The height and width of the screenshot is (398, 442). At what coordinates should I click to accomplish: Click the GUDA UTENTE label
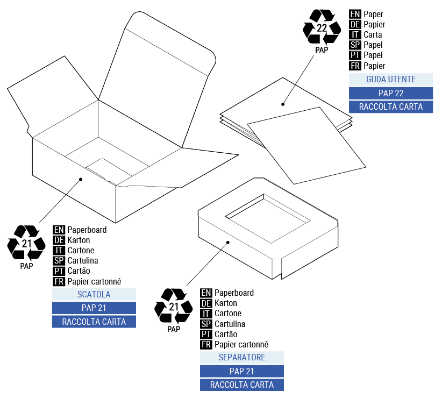click(x=391, y=79)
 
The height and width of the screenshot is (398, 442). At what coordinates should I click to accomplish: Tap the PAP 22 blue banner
click(x=391, y=93)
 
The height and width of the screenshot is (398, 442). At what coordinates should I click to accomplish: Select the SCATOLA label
click(x=94, y=294)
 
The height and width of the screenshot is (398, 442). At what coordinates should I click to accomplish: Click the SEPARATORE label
click(x=241, y=357)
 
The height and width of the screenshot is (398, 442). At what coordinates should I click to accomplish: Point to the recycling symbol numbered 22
click(x=322, y=29)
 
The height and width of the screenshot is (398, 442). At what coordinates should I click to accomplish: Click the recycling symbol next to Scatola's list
click(x=26, y=244)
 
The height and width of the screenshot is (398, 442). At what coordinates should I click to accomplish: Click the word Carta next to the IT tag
click(x=373, y=35)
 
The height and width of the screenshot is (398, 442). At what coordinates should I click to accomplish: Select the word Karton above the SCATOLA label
click(x=79, y=240)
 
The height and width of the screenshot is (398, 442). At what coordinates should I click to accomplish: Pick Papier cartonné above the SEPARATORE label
click(x=241, y=345)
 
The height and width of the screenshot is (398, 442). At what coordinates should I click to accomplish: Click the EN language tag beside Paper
click(x=355, y=15)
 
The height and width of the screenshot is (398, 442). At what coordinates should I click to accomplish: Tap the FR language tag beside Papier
click(x=355, y=66)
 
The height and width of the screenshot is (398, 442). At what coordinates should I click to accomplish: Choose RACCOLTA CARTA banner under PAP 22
click(x=391, y=106)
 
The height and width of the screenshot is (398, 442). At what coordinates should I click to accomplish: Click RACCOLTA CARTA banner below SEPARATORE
click(x=241, y=385)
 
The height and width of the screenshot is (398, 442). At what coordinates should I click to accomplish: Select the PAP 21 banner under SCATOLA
click(x=94, y=308)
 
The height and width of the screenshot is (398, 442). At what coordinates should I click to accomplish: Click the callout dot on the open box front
click(x=81, y=179)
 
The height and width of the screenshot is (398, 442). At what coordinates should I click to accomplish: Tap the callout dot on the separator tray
click(x=228, y=242)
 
